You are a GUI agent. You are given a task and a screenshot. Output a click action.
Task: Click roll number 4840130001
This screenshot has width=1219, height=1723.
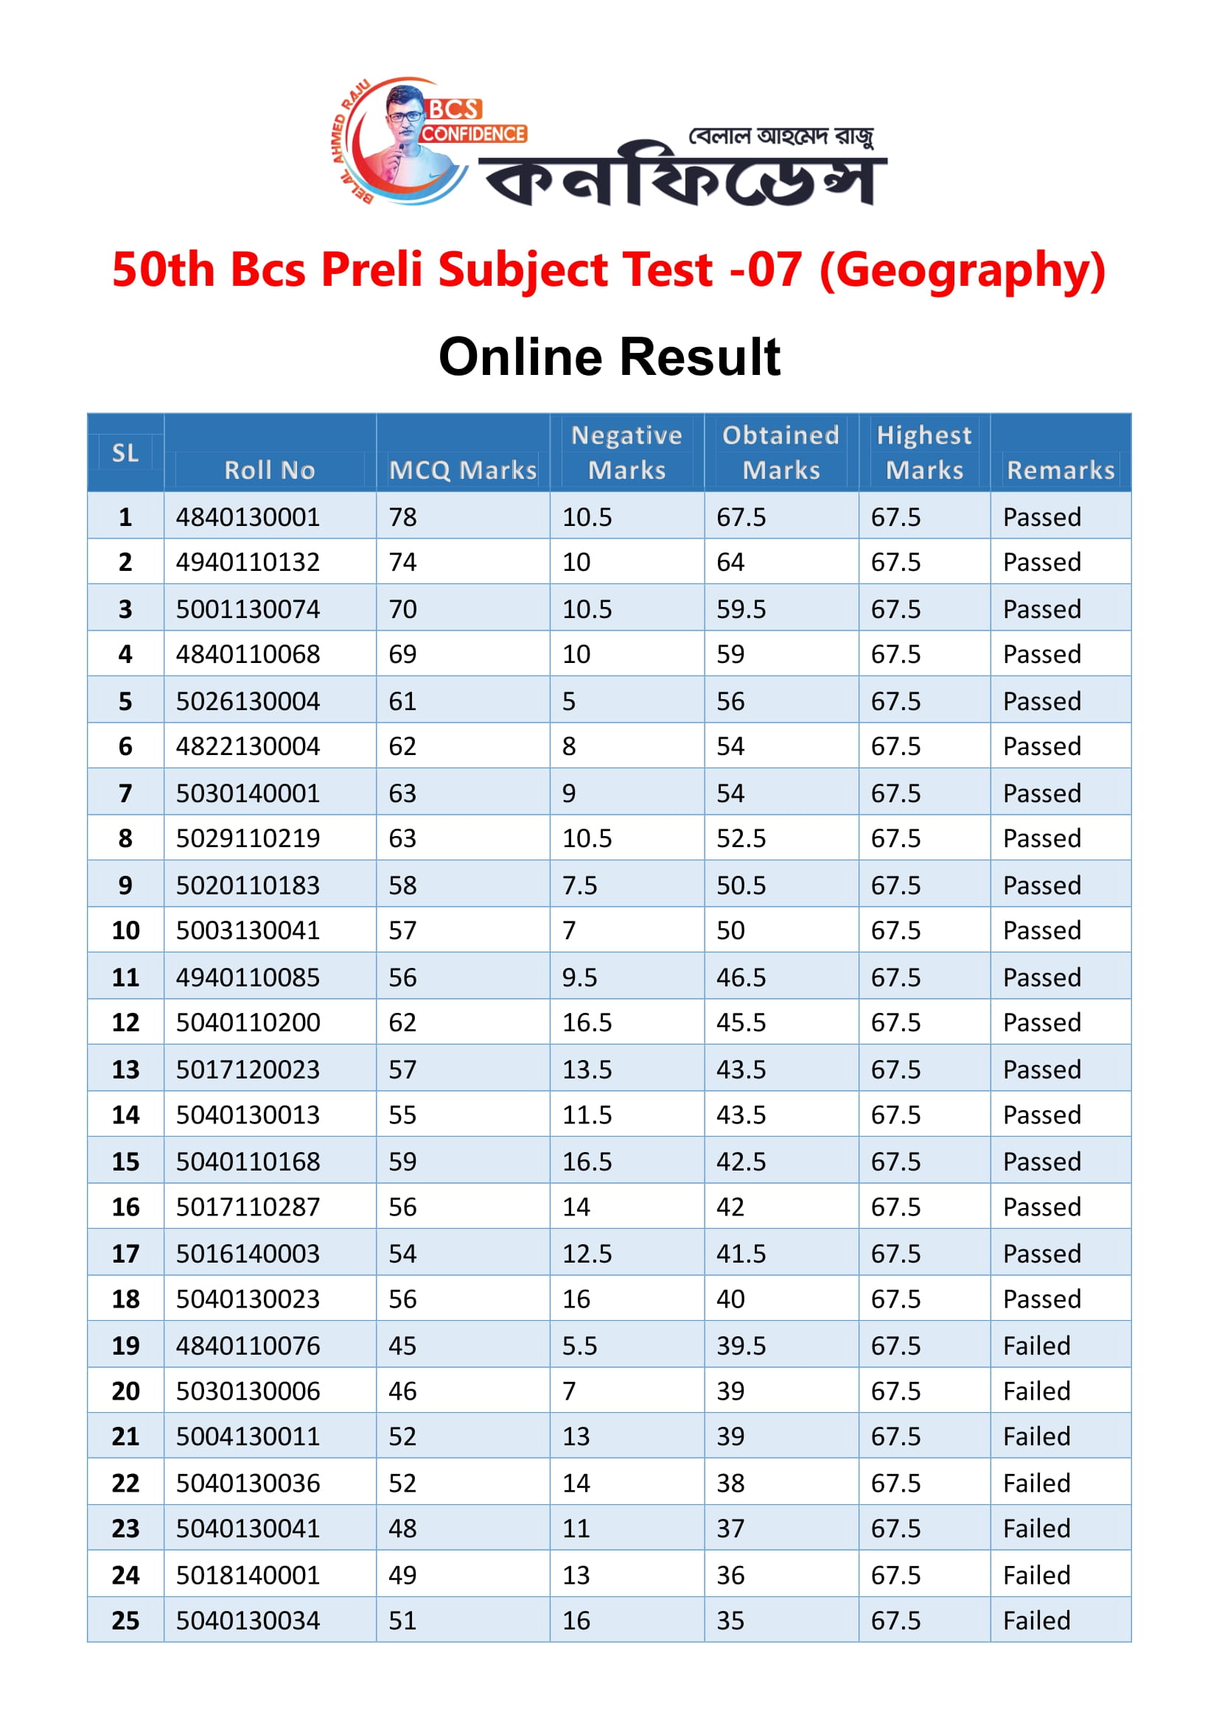(248, 517)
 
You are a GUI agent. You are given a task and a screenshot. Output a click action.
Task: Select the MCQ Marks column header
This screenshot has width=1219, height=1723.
(462, 470)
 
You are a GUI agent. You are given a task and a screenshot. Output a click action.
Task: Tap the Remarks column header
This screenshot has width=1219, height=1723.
(1060, 470)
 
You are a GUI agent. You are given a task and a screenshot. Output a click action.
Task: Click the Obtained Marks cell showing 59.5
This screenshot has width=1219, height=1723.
(741, 608)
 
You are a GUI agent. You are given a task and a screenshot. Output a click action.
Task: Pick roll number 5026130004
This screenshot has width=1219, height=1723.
(248, 701)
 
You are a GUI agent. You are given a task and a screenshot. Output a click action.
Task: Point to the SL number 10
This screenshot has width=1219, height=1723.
(125, 930)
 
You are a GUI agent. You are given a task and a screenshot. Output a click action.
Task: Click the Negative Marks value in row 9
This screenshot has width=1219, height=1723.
(579, 885)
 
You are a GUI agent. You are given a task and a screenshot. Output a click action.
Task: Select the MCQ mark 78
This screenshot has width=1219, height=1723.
(402, 517)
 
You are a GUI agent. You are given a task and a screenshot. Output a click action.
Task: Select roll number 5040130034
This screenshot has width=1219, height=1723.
(248, 1620)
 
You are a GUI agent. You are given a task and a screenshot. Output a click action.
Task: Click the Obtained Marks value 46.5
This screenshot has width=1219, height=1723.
(741, 977)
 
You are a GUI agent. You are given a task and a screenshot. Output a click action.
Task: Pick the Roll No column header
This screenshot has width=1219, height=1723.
(270, 470)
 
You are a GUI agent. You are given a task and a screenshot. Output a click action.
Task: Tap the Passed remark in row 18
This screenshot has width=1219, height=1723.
(1042, 1299)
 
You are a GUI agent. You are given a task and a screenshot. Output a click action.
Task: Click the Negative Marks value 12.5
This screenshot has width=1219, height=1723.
(587, 1253)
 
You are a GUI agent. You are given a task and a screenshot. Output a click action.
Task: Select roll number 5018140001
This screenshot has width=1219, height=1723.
(248, 1574)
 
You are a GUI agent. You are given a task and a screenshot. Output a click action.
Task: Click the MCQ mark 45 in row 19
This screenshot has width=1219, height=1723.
(402, 1346)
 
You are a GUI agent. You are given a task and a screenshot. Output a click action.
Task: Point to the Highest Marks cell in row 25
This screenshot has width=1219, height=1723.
(895, 1620)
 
